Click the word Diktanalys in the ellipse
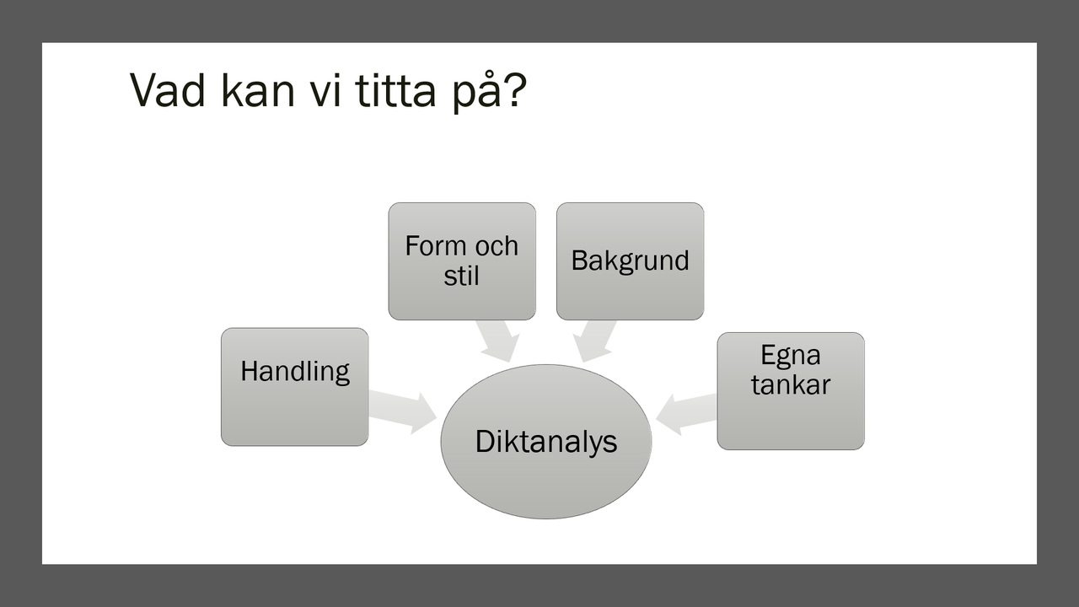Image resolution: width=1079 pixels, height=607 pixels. coord(546,442)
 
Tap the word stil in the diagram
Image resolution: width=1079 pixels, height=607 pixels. coord(461,275)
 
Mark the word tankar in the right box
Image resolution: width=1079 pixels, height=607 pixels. coord(790,384)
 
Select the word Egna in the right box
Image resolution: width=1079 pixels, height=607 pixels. coord(790,355)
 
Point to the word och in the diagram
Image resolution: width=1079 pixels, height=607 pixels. coord(495,246)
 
